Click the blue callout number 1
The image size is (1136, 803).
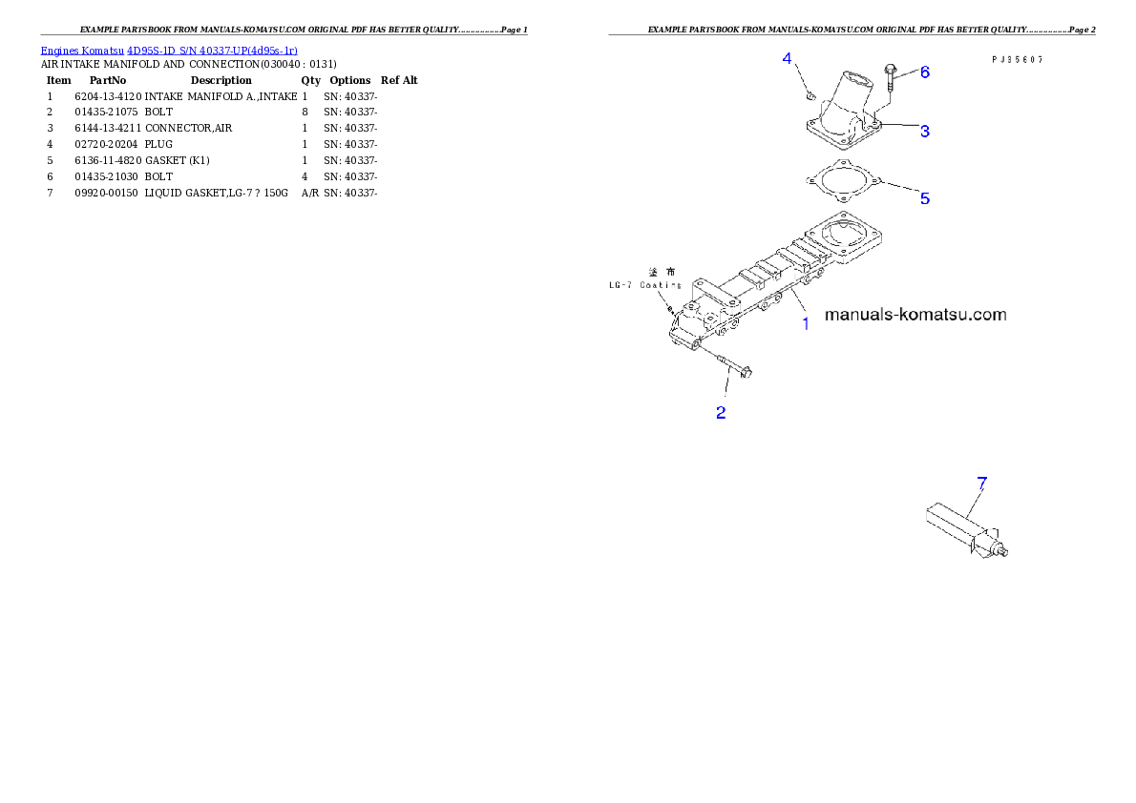(805, 323)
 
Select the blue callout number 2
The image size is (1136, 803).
(721, 413)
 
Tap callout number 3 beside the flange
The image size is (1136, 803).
(925, 131)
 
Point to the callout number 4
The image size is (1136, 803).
(788, 59)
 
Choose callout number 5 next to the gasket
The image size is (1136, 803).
(924, 198)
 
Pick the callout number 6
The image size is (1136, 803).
(924, 72)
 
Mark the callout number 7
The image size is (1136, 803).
(981, 483)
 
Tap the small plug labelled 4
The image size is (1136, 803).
(809, 94)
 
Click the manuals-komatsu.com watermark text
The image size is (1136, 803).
(915, 314)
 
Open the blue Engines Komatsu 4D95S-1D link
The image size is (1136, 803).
(169, 50)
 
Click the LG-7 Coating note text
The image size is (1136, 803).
(645, 284)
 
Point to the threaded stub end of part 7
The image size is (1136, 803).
(1004, 550)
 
